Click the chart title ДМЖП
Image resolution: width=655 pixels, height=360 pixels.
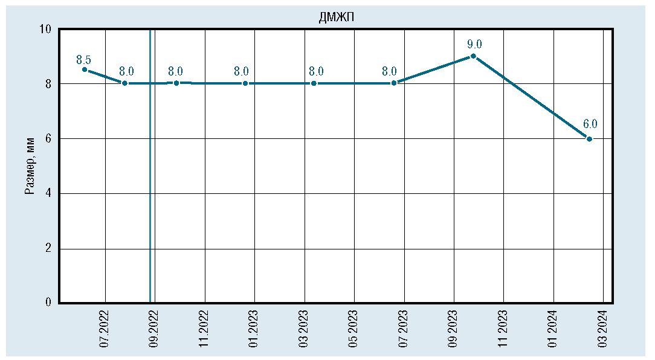click(x=336, y=18)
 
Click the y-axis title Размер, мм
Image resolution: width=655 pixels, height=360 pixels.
click(x=30, y=165)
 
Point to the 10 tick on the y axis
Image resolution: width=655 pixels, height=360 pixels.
click(x=46, y=29)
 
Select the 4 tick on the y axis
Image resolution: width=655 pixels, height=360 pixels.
click(x=48, y=193)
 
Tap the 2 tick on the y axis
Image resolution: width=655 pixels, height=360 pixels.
click(x=48, y=248)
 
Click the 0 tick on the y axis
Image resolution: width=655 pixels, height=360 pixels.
click(x=48, y=303)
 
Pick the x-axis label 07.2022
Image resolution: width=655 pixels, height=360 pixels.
click(x=105, y=329)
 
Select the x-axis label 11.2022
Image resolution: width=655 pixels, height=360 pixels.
click(x=204, y=329)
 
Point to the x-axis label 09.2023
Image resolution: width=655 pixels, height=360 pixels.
click(x=453, y=329)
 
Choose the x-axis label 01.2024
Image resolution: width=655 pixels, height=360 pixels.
click(x=553, y=329)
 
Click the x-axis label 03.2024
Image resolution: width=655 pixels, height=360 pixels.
click(x=602, y=329)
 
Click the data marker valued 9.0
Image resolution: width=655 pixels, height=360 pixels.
click(x=473, y=56)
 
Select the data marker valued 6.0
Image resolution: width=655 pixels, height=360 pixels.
click(x=590, y=139)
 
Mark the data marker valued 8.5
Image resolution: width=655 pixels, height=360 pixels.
click(x=85, y=69)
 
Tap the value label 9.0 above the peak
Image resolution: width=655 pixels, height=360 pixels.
click(x=474, y=44)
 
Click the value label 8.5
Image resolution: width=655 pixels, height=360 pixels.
click(x=83, y=59)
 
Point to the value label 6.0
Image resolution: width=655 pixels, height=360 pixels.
click(x=590, y=124)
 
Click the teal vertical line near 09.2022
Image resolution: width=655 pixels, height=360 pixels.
click(x=150, y=181)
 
